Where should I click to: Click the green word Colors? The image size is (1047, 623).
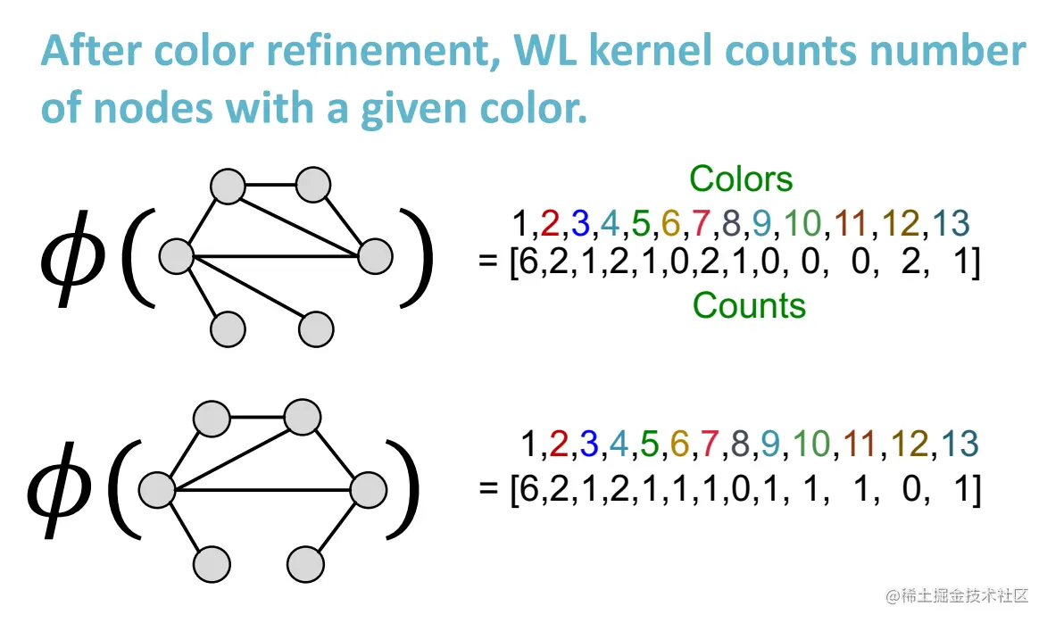pos(741,179)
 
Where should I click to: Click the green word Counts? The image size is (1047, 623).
pos(749,306)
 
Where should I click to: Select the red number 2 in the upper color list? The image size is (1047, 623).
pos(551,223)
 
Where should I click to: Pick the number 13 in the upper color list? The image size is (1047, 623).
pos(950,223)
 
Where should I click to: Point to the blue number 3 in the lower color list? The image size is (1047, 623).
pos(588,444)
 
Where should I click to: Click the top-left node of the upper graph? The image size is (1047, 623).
pos(228,187)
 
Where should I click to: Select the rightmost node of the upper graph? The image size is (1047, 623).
pos(375,257)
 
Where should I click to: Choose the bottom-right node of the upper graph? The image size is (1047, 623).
pos(316,329)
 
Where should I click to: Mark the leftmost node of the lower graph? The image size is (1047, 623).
pos(157,490)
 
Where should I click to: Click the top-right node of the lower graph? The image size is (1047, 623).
pos(303,417)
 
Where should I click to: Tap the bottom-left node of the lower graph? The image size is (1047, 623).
pos(212,564)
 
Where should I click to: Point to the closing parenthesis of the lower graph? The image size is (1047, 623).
pos(403,491)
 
